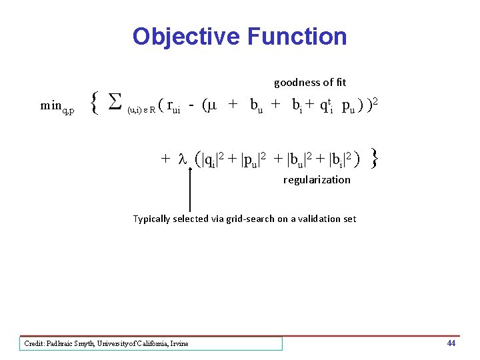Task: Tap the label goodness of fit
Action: coord(310,83)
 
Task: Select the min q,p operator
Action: coord(57,105)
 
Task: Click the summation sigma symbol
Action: coord(115,103)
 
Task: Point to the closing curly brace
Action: coord(375,158)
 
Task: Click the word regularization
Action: coord(317,179)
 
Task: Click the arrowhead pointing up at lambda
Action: coord(191,173)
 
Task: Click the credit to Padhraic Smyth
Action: coord(107,343)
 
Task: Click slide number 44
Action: coord(451,343)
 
